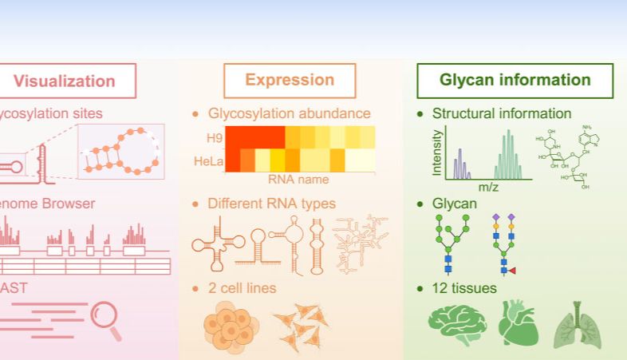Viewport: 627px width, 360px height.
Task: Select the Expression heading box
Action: [x=290, y=80]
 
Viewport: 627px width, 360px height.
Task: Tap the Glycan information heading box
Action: [x=515, y=80]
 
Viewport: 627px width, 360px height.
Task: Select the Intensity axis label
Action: [x=436, y=152]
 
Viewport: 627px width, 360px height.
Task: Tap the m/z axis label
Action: [x=488, y=186]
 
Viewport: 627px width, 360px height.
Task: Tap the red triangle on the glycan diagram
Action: [x=512, y=271]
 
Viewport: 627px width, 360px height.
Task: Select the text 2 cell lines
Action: [x=242, y=287]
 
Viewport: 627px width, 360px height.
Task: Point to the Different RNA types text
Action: [x=271, y=204]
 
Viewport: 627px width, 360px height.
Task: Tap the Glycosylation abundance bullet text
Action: [x=289, y=113]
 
